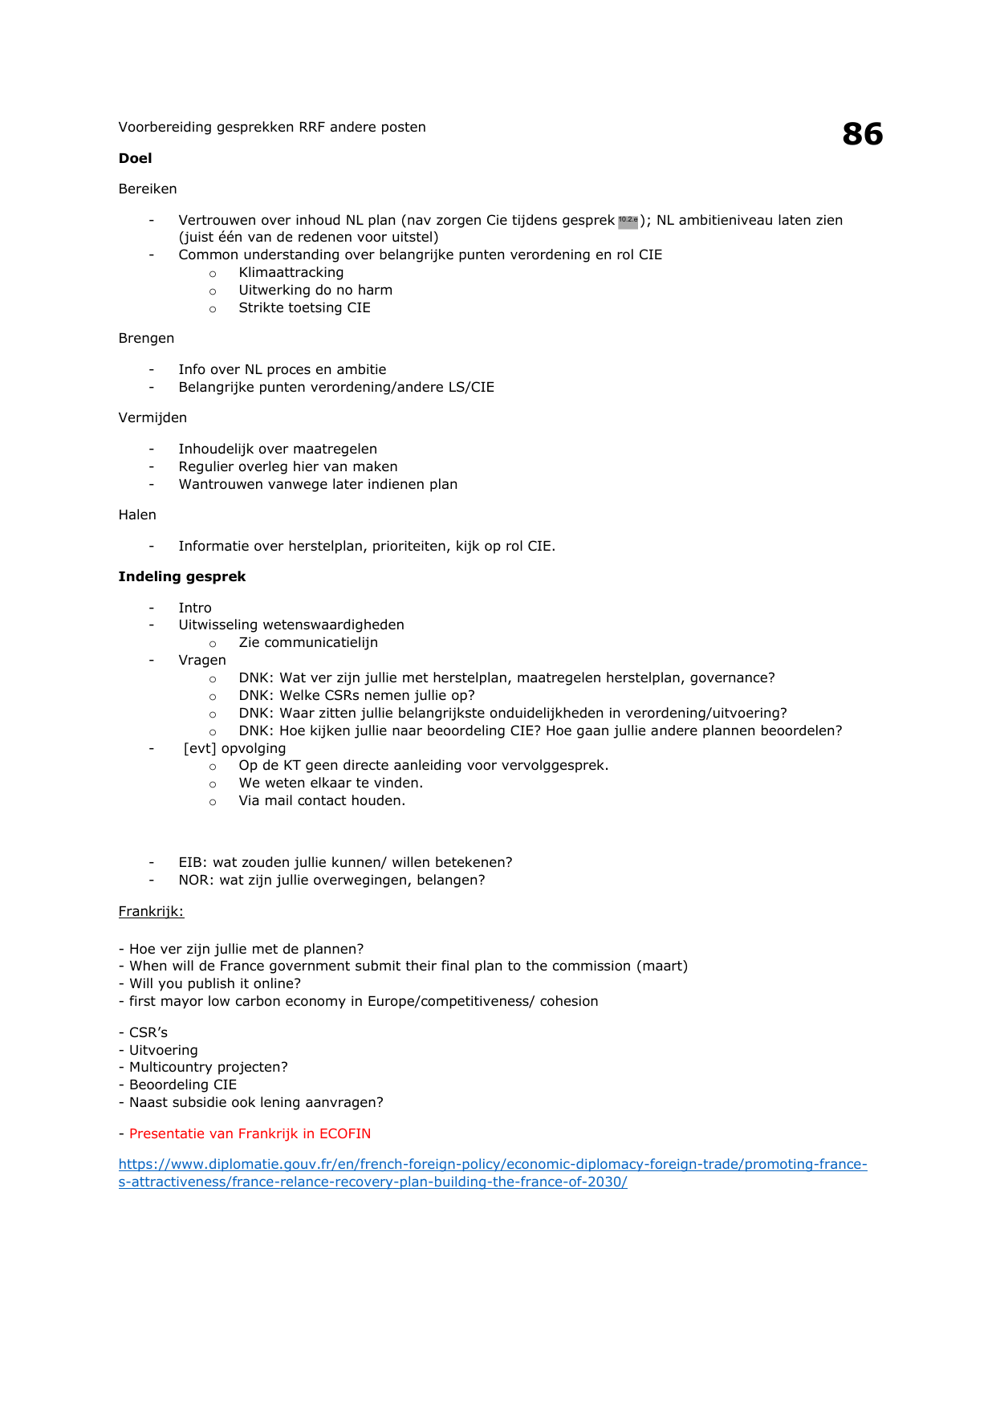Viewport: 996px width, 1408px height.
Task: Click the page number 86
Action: tap(862, 134)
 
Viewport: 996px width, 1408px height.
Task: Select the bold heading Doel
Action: tap(135, 158)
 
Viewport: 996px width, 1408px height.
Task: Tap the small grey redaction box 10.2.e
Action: tap(628, 221)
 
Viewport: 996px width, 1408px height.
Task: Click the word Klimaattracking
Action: tap(291, 273)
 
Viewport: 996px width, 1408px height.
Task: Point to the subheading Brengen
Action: tap(146, 338)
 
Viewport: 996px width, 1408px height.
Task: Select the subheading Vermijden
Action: tap(152, 417)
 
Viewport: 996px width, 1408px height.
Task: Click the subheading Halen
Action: tap(137, 515)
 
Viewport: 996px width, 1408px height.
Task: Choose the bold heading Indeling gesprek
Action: tap(182, 576)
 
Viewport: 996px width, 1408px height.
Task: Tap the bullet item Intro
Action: tap(195, 608)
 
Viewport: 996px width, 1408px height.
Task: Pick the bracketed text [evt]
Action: tap(200, 748)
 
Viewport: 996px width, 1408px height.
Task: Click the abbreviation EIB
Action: tap(191, 862)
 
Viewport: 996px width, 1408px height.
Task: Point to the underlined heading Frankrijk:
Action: tap(151, 911)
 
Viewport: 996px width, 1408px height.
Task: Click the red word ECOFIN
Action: tap(345, 1133)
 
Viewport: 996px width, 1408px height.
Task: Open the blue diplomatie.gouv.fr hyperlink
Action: tap(493, 1165)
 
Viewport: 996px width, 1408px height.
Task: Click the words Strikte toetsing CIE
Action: tap(304, 308)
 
